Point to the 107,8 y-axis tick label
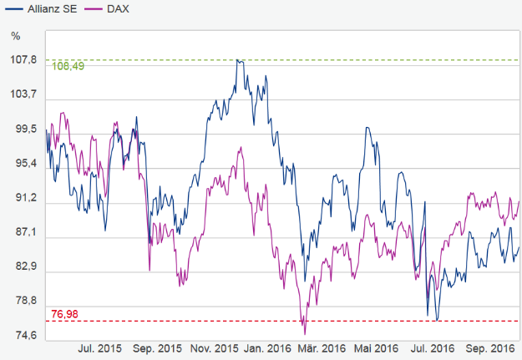(24, 60)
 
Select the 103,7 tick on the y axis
(24, 94)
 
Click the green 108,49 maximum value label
(68, 67)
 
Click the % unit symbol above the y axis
(16, 35)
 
